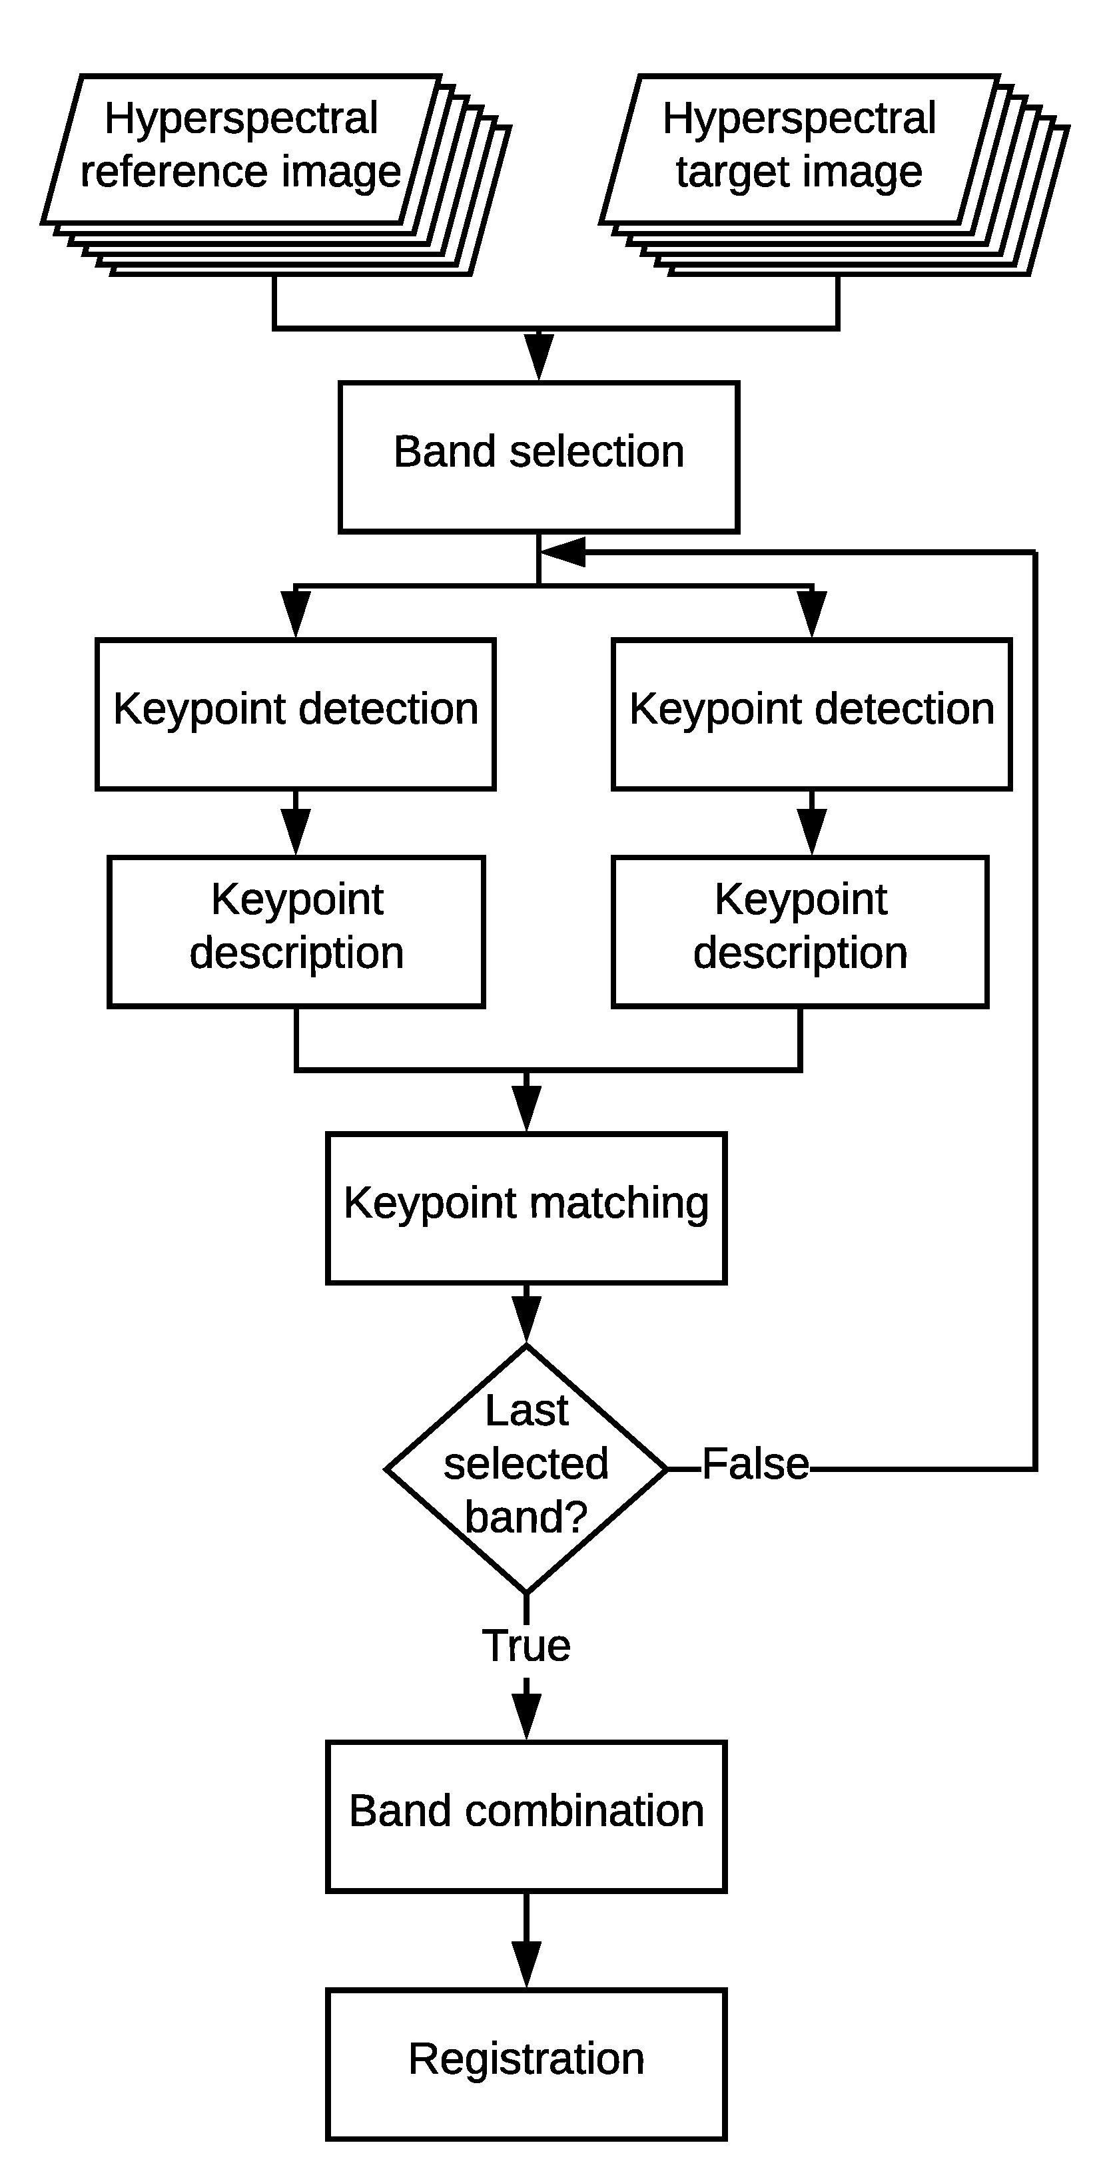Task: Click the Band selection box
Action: (x=539, y=457)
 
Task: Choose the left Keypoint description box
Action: (x=296, y=931)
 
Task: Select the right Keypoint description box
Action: (x=799, y=931)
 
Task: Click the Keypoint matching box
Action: (x=526, y=1208)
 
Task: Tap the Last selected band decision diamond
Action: (x=526, y=1469)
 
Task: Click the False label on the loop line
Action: (x=755, y=1464)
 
